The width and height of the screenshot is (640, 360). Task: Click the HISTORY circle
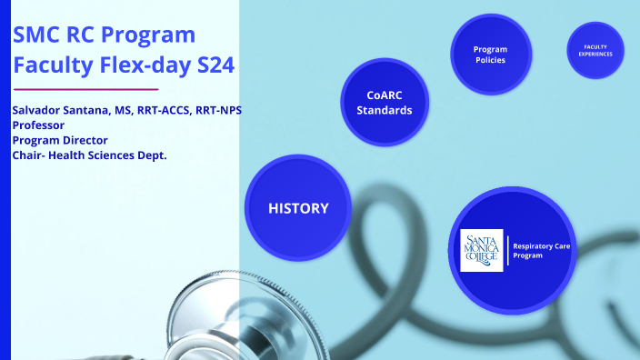[298, 208]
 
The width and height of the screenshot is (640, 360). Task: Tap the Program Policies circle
[490, 55]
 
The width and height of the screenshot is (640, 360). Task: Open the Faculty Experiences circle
[595, 50]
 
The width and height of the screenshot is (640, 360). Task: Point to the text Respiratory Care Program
[542, 251]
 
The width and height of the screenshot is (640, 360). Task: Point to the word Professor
[37, 125]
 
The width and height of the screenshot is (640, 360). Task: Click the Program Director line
[60, 140]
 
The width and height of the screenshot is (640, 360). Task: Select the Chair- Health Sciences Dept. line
[89, 155]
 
